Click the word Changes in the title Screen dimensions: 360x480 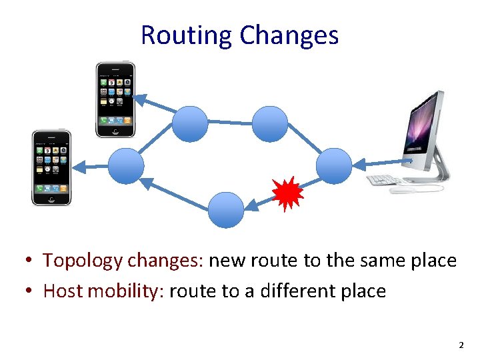289,35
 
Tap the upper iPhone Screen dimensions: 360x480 115,99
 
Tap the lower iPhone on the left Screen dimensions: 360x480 51,167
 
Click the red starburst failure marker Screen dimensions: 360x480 287,193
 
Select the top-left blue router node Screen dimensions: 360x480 191,124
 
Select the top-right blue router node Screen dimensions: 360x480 270,124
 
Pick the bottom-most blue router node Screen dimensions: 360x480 226,210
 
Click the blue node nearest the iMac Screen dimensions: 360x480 333,166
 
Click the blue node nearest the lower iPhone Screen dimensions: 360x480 126,166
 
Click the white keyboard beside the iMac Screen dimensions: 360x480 382,180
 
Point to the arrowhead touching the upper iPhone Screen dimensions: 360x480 138,99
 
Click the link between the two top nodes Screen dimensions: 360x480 230,123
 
